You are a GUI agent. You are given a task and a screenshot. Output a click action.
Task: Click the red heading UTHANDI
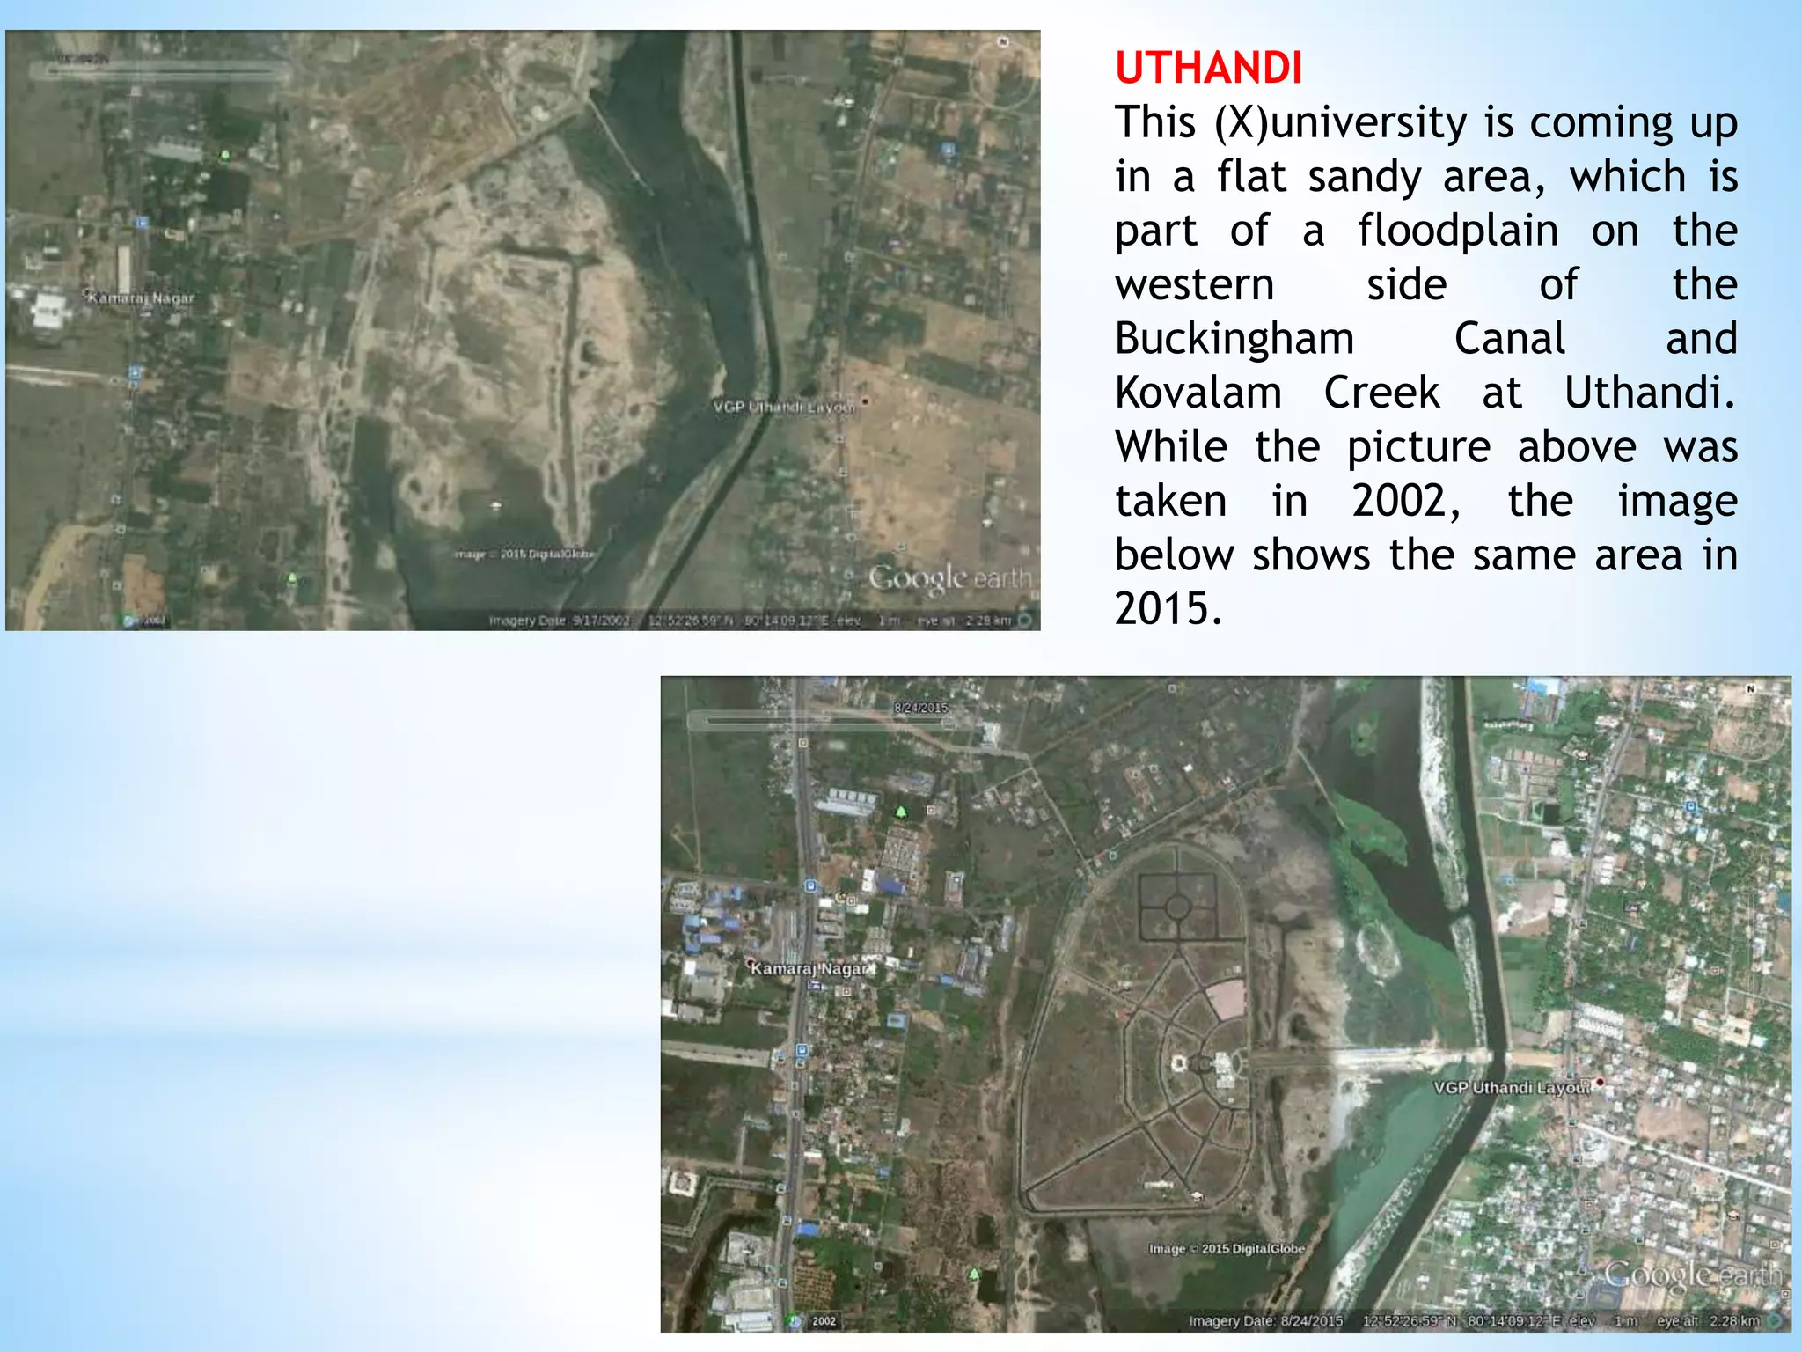(x=1208, y=69)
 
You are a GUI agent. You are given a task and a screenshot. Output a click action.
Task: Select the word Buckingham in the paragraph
(x=1234, y=339)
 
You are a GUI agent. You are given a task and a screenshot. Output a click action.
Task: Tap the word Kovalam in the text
(x=1198, y=393)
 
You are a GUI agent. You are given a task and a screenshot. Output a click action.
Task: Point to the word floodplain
(x=1457, y=231)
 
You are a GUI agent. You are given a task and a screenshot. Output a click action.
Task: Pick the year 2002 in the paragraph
(x=1405, y=501)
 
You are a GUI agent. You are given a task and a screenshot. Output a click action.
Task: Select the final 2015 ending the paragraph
(x=1167, y=609)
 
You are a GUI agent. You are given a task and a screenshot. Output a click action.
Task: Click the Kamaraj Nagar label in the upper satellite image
(x=141, y=298)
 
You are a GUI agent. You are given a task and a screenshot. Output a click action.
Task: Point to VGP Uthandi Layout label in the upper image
(x=783, y=407)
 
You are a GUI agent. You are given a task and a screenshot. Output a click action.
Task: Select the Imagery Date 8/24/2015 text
(x=1265, y=1320)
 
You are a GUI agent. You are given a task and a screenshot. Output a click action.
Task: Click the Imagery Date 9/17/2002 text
(x=560, y=621)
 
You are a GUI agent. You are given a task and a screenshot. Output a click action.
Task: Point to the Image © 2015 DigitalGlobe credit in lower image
(x=1227, y=1248)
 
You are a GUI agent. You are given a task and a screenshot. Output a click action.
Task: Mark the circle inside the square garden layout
(x=1177, y=907)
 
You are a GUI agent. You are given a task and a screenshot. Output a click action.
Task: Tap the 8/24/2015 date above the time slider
(x=920, y=708)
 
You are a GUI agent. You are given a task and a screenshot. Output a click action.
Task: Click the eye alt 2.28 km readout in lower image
(x=1708, y=1320)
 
